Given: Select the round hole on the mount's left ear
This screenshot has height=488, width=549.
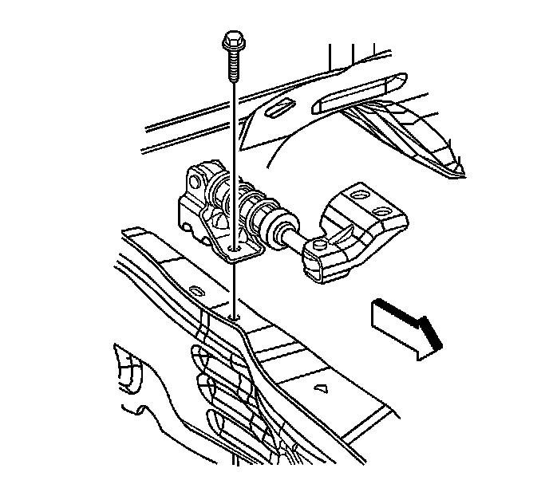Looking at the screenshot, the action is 194,176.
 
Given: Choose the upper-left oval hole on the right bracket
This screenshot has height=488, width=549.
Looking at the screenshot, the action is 357,194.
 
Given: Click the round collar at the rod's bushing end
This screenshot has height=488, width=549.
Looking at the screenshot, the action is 280,227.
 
